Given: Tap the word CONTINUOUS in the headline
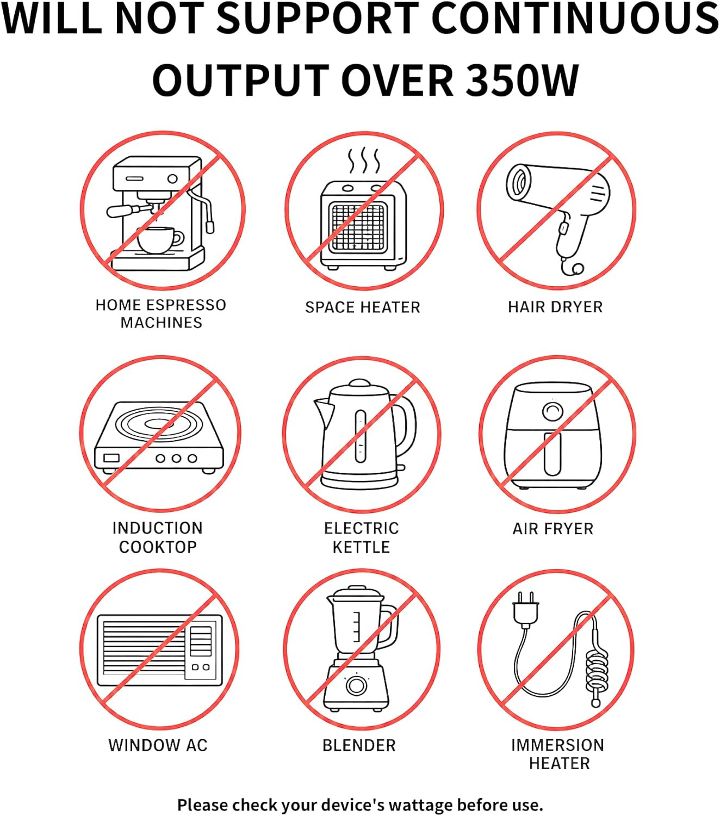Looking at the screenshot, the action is coord(577,18).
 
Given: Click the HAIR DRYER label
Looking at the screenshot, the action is coord(555,307).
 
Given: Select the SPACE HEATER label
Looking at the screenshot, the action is coord(362,307).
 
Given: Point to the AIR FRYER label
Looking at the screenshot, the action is coord(553,529).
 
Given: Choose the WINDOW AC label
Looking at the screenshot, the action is coord(158,745).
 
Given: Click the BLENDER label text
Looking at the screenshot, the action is coord(359,745).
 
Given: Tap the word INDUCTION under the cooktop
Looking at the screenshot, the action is coord(158,528).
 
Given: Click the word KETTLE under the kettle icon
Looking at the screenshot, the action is coord(361,547).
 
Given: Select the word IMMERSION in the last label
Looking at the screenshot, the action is coord(557,745).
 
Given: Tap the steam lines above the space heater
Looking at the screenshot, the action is coord(364,160).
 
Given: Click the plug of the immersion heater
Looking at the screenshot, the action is coord(525,609).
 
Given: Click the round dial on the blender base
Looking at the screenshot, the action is coord(356,685).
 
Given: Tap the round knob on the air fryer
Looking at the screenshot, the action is coord(553,412).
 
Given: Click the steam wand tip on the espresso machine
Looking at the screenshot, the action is coord(210,226).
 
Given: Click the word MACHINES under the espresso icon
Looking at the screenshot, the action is coord(161,323).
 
